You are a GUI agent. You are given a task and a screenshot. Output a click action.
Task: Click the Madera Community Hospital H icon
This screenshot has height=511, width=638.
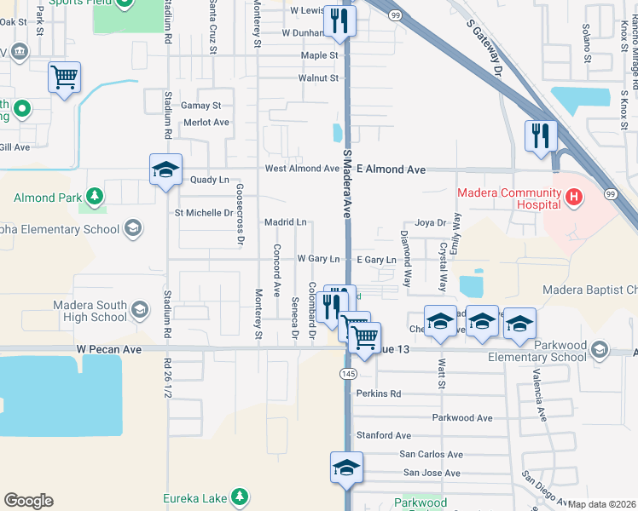coord(574,198)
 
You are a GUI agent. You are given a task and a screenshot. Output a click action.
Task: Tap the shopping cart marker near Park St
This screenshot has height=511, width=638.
coord(65,78)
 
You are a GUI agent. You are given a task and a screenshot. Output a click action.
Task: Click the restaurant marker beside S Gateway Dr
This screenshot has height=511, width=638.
coord(541,135)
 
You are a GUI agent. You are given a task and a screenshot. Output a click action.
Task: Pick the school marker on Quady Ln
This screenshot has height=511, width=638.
coord(166,169)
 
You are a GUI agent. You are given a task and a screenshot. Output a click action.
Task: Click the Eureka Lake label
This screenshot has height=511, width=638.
coord(196,498)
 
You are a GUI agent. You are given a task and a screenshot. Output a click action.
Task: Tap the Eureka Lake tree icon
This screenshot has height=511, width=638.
coord(241,497)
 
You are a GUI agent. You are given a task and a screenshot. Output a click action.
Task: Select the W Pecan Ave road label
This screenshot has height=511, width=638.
coord(108,349)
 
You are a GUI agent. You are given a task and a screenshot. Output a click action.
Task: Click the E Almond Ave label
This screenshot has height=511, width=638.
coord(391,169)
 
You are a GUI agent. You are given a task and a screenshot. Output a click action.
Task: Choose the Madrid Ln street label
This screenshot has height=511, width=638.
coord(285,221)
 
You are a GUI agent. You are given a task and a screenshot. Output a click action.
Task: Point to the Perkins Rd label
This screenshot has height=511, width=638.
coord(379,394)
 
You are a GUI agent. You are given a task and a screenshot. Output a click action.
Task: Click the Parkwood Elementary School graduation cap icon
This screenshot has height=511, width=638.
coord(600,349)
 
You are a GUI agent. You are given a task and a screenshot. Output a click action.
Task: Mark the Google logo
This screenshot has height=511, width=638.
coord(28,501)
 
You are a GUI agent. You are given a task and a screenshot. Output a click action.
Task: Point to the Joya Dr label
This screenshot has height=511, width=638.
coord(431,223)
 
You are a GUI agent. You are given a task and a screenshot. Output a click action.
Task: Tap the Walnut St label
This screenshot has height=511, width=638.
coord(318,78)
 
